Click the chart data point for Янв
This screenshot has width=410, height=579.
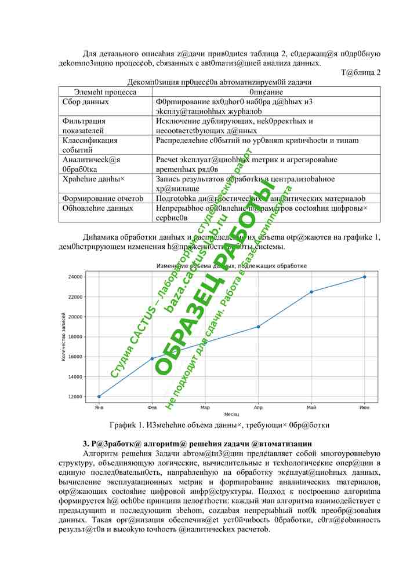coord(99,397)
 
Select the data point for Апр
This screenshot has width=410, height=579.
coord(258,327)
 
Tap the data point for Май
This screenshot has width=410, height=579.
coord(311,292)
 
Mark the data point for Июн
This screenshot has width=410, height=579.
coord(364,277)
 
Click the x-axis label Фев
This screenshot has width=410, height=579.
coord(152,408)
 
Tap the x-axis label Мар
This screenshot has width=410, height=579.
coord(205,408)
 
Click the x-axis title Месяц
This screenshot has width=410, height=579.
coord(231,415)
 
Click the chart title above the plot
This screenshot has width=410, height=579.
coord(231,266)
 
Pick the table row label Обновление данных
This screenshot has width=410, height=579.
coord(98,207)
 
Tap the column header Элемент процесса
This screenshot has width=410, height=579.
coord(106,91)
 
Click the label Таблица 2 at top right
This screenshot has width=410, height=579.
coord(361,72)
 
